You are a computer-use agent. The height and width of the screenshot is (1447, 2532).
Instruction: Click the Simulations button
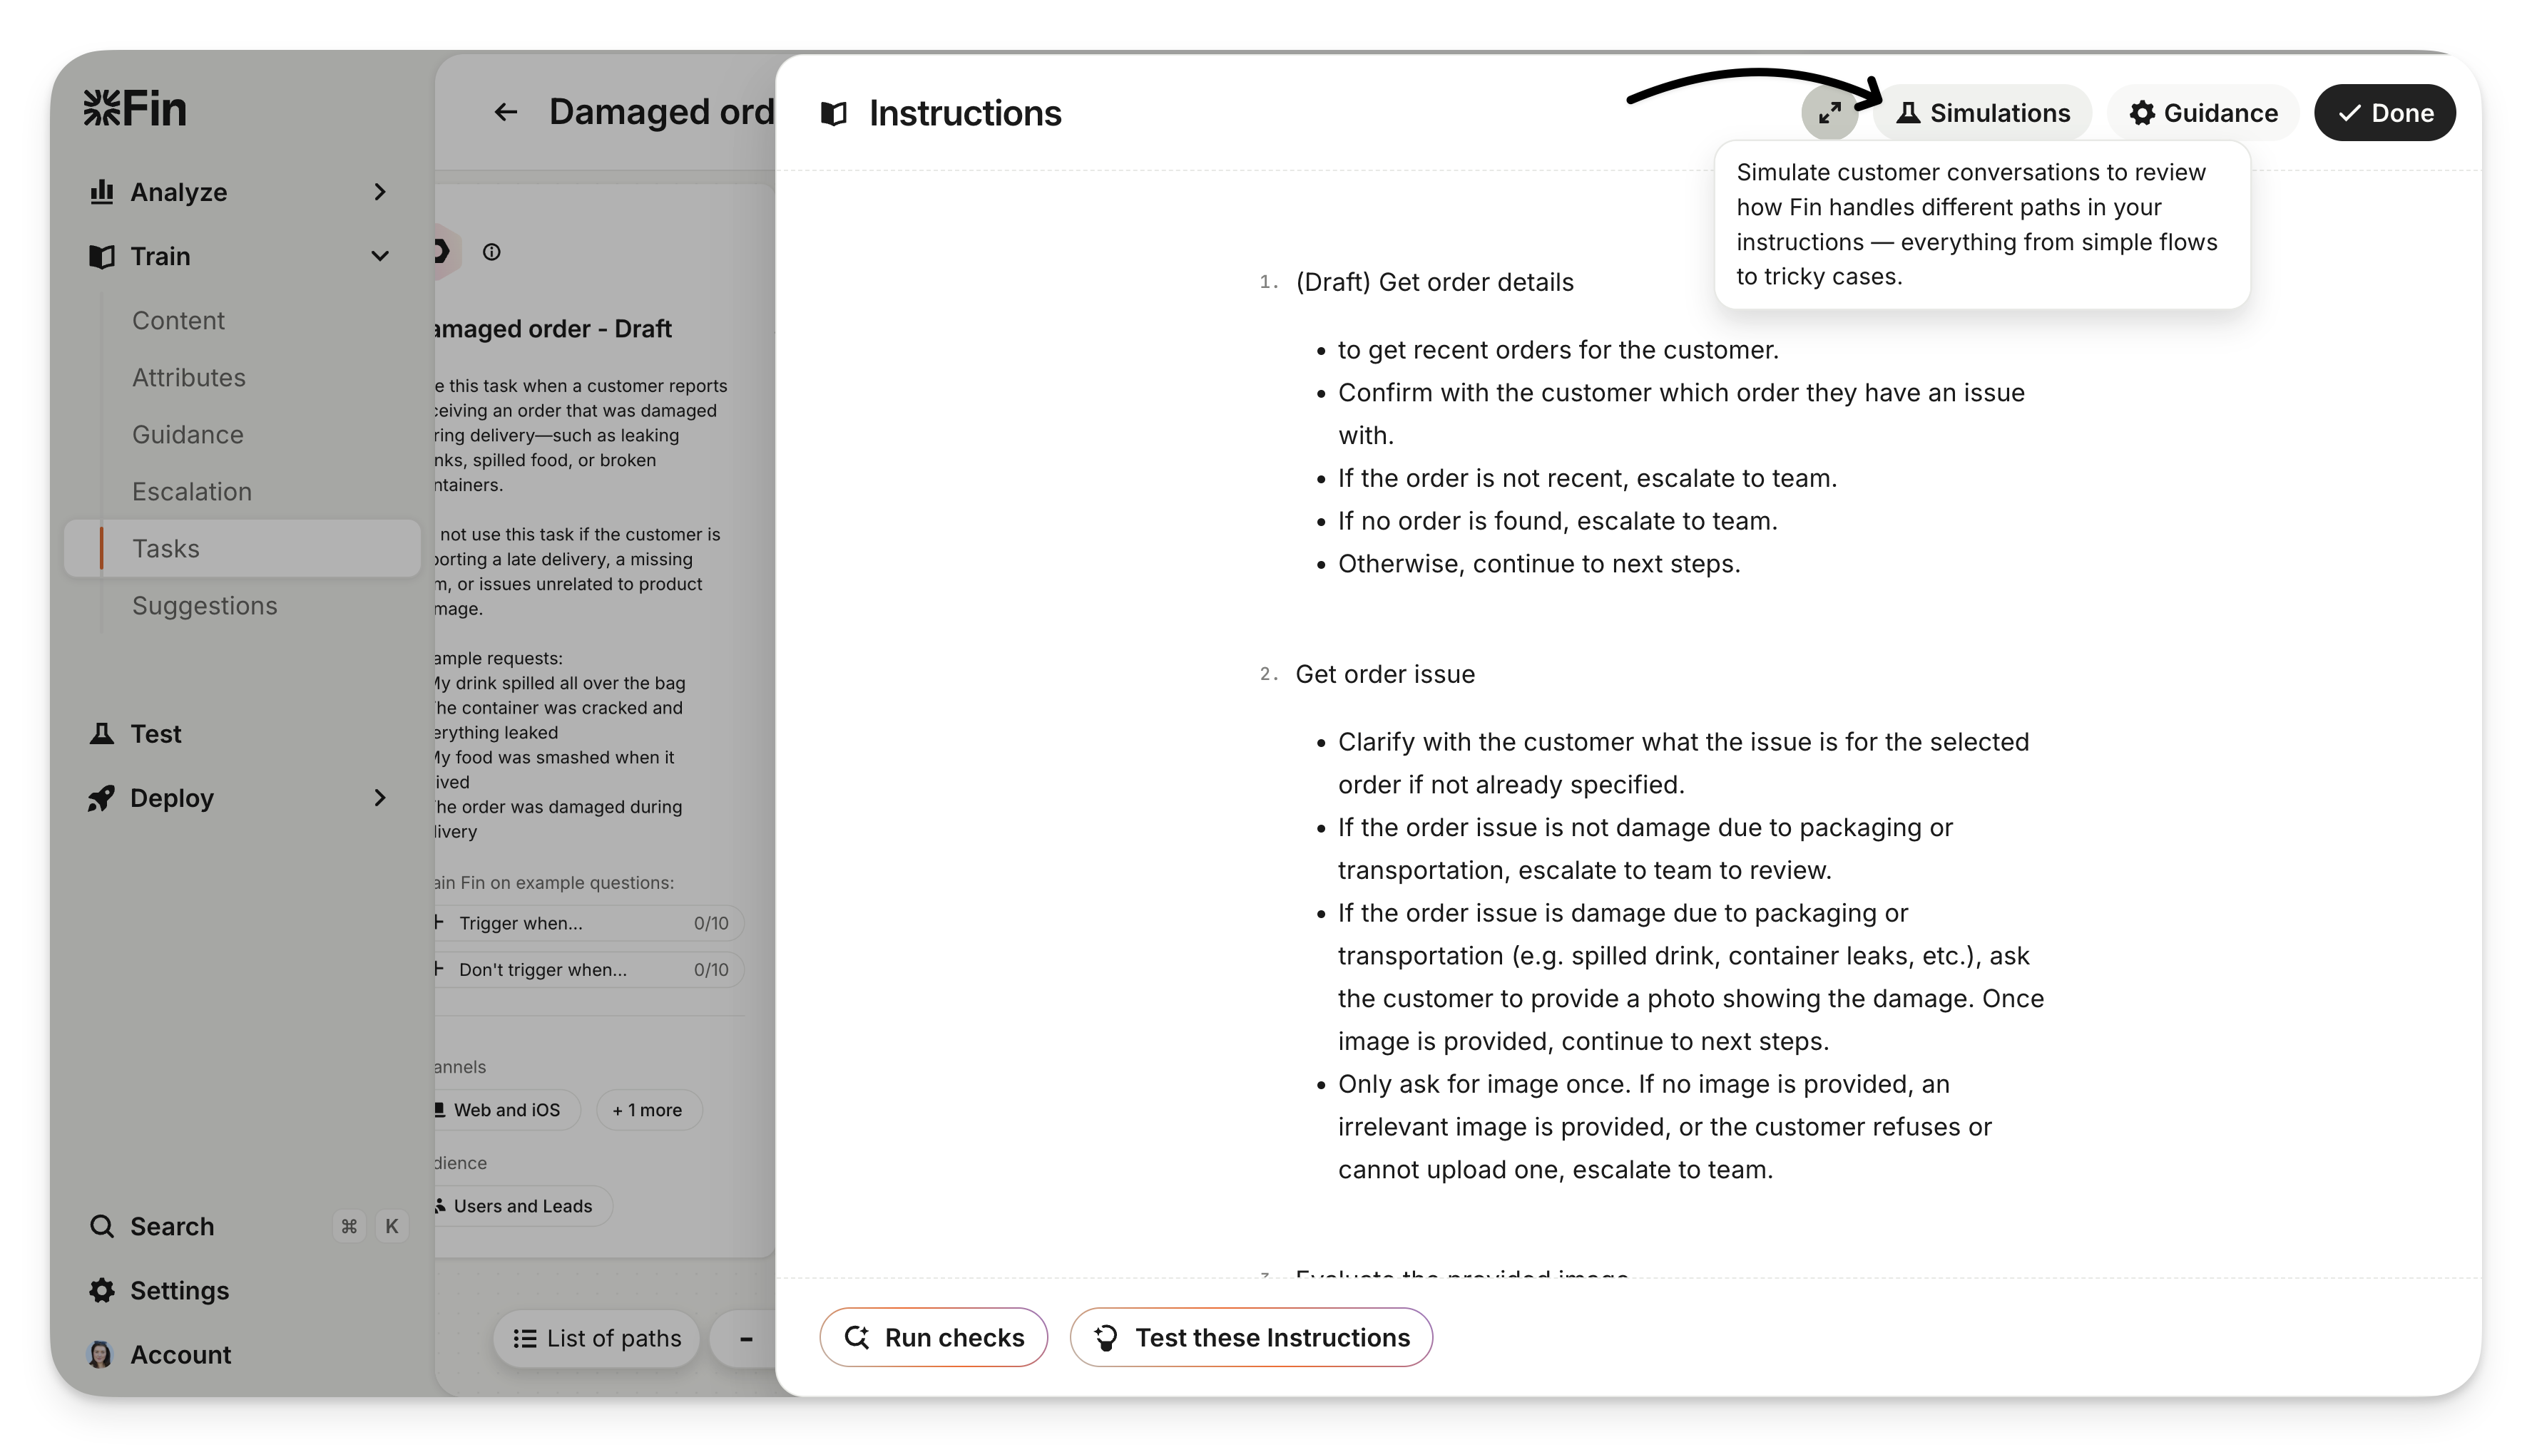[x=1984, y=113]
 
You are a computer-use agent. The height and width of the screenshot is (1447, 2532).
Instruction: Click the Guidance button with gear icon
[x=2203, y=113]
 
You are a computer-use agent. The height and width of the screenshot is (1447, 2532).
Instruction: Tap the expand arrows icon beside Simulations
[x=1829, y=113]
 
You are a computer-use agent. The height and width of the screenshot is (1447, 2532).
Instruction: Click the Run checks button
[x=934, y=1338]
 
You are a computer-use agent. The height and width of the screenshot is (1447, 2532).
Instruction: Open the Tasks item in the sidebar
[x=166, y=549]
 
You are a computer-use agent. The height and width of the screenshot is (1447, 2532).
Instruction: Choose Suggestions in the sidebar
[x=205, y=605]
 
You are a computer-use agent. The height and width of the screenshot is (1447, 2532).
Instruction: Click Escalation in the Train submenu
[x=192, y=492]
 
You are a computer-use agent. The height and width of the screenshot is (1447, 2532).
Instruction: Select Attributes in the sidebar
[x=189, y=378]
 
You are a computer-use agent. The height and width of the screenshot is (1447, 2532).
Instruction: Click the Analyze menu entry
[x=179, y=192]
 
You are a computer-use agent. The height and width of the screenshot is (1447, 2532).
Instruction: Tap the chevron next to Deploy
[x=379, y=798]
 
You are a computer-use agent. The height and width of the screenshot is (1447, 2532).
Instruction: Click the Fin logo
[x=136, y=108]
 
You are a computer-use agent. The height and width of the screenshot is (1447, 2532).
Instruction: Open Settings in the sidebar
[x=179, y=1290]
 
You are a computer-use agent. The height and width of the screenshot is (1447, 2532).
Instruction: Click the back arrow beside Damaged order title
[x=506, y=113]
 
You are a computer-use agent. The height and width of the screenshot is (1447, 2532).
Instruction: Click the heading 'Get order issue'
[x=1385, y=674]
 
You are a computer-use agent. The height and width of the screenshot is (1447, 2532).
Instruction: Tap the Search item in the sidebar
[x=171, y=1226]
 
